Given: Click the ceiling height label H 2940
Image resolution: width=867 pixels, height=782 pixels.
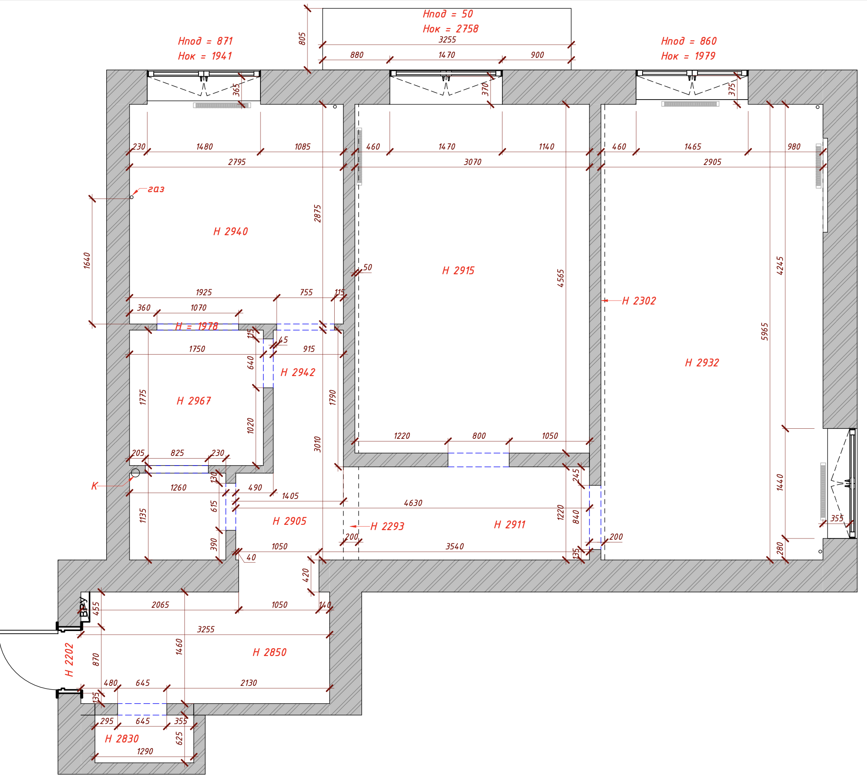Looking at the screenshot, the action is (x=231, y=231).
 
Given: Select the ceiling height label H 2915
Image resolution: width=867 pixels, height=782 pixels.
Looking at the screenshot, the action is (x=458, y=270).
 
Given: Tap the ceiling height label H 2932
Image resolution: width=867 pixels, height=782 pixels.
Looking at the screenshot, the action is (x=702, y=362).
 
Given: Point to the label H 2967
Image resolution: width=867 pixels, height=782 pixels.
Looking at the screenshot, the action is (x=194, y=401).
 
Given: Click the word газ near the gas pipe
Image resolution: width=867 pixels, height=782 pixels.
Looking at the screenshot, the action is (x=156, y=189).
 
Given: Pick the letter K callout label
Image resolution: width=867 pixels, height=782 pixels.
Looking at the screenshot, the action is (x=94, y=486).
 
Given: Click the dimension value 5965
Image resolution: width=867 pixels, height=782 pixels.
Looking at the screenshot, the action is (x=765, y=331).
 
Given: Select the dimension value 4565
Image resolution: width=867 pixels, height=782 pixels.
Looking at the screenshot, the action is (x=561, y=278).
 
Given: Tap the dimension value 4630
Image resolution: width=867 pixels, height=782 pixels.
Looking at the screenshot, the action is (x=413, y=503).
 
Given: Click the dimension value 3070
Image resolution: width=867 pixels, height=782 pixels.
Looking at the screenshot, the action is (x=473, y=162).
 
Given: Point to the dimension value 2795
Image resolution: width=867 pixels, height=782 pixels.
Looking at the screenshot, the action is (x=237, y=162).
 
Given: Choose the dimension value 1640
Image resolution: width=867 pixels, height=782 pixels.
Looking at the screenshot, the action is (x=87, y=260).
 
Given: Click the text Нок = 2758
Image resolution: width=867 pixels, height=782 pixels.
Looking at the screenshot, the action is (x=451, y=29).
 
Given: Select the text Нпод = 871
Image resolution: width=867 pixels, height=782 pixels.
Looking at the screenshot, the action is (x=205, y=41).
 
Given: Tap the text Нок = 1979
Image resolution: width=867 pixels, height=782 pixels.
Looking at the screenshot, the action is (x=688, y=56).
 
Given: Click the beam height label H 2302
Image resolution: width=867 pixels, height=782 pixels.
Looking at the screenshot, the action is (x=639, y=301).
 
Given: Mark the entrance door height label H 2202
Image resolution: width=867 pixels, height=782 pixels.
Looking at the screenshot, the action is (x=69, y=660).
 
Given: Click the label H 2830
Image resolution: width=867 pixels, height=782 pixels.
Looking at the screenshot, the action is (x=122, y=739).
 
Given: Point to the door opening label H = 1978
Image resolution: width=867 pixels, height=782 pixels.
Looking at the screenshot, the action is (x=196, y=326).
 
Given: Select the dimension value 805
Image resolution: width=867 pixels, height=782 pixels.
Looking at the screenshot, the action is (x=302, y=38).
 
